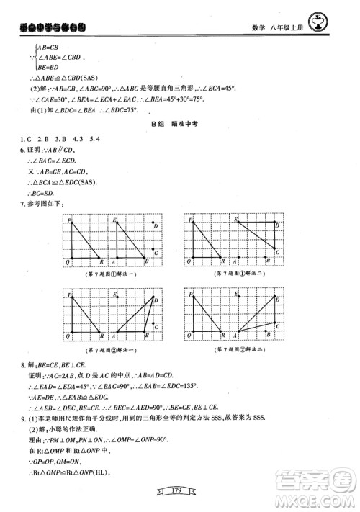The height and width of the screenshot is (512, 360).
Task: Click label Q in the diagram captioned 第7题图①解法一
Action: click(x=67, y=264)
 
